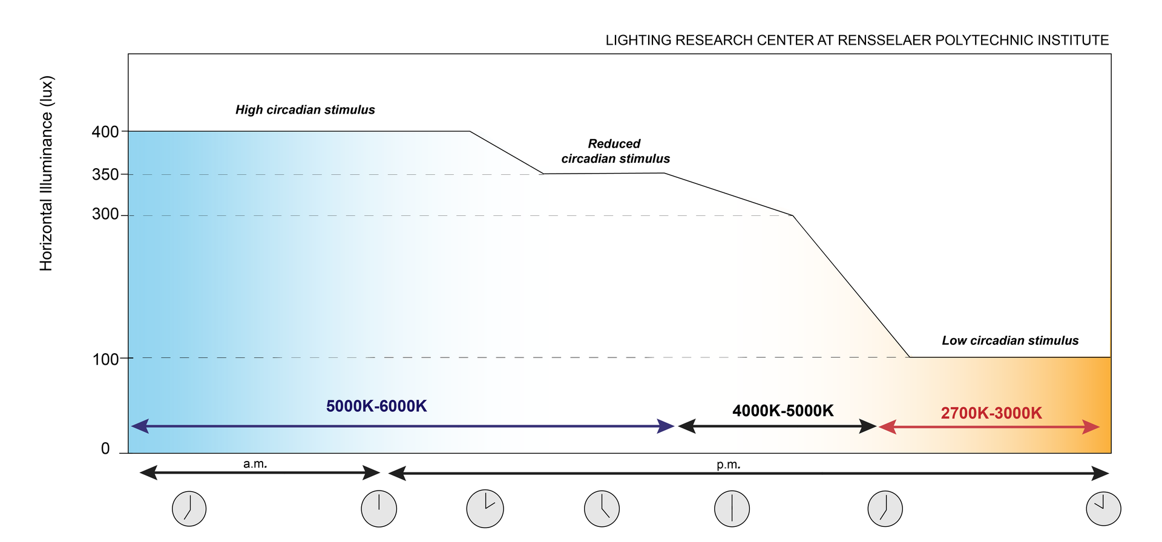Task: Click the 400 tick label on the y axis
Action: [105, 132]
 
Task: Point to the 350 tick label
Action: [105, 175]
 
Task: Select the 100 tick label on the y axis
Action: [105, 359]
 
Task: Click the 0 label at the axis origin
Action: [105, 449]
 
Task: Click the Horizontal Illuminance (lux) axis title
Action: [47, 174]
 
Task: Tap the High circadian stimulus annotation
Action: [305, 110]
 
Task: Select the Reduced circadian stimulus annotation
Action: [615, 151]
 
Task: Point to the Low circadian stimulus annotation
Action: [1010, 341]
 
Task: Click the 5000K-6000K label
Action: [376, 406]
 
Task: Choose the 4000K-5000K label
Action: [783, 411]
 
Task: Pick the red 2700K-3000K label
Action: [991, 413]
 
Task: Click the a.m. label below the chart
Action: [255, 465]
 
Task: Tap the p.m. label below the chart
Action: [729, 465]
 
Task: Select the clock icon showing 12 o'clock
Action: [379, 509]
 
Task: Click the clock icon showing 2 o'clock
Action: [485, 508]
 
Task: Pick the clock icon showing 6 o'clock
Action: [732, 509]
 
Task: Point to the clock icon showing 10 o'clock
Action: [1103, 508]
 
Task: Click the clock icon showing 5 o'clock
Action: [602, 508]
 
